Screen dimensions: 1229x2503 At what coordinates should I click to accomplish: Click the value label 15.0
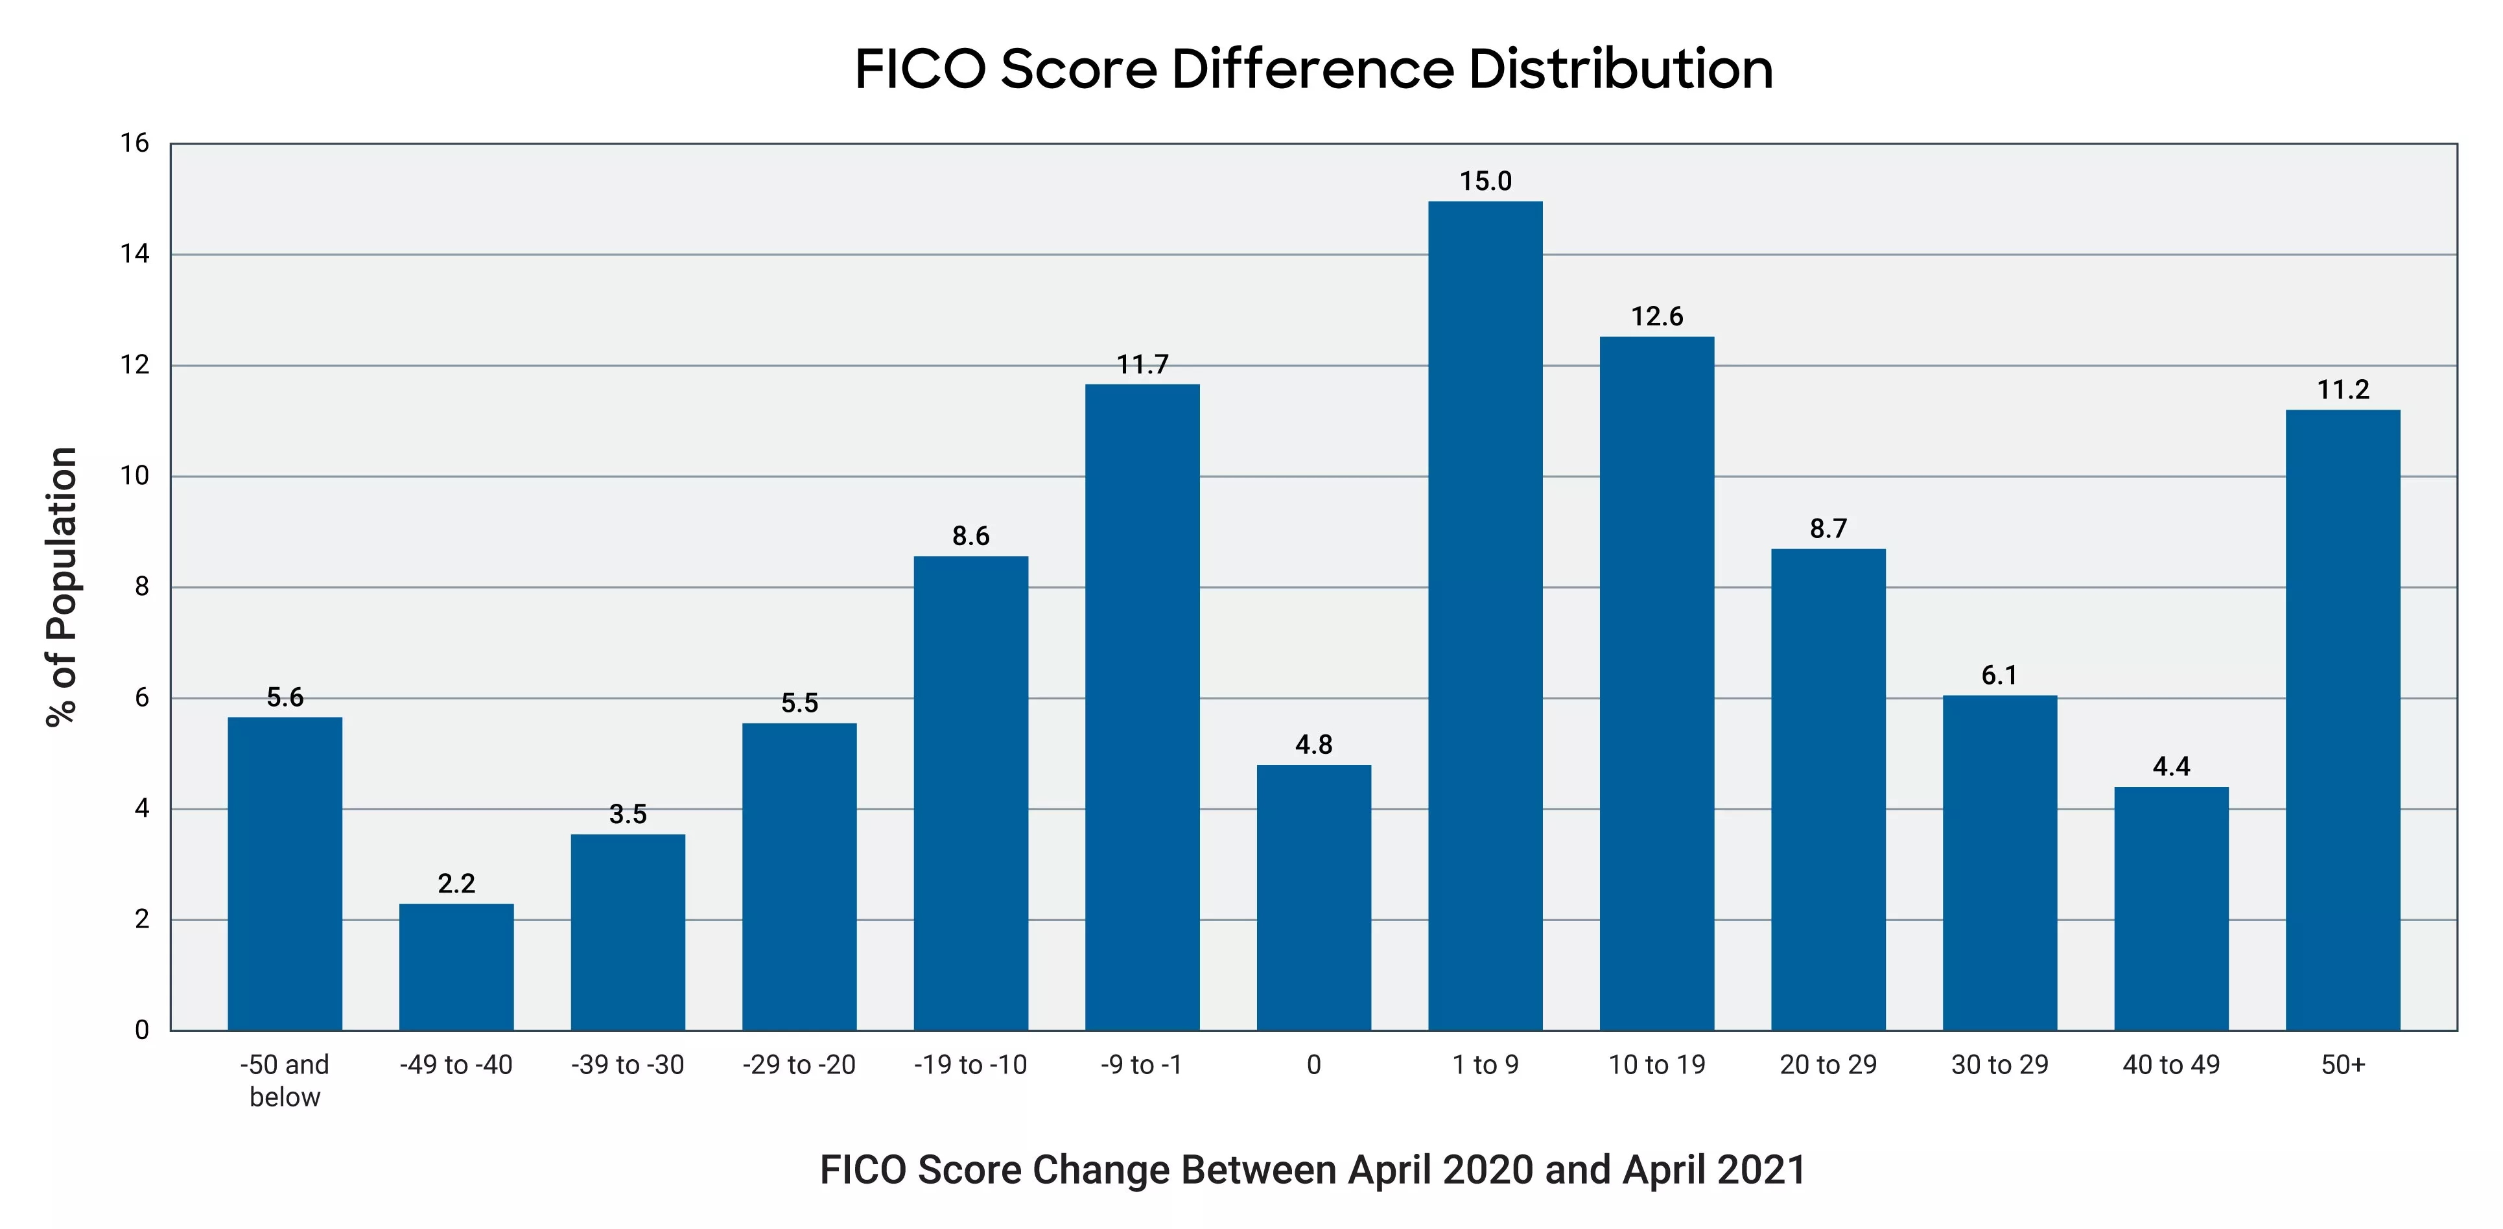1485,181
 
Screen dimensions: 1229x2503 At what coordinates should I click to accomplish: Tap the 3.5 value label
628,813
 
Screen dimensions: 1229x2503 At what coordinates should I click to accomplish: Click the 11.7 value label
1142,364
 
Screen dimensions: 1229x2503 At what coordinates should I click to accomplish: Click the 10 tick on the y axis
134,475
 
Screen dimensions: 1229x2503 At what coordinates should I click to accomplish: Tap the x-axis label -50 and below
285,1079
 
